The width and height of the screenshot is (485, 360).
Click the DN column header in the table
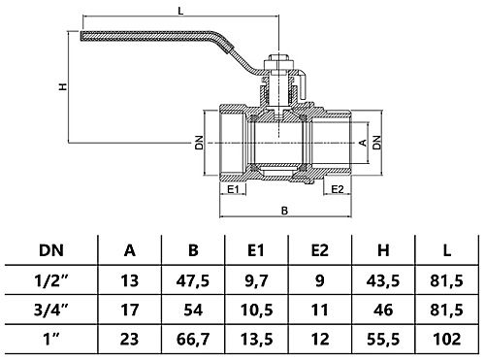[48, 249]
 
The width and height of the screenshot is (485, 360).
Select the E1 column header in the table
[256, 249]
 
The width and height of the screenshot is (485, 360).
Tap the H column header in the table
[385, 249]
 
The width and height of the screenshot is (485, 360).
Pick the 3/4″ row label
[48, 311]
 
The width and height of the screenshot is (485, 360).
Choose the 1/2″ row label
[48, 280]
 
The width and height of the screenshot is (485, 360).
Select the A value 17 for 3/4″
[130, 311]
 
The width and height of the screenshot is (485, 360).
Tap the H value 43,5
[385, 280]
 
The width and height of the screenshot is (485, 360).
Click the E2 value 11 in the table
[321, 311]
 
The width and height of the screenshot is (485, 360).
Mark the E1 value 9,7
[256, 280]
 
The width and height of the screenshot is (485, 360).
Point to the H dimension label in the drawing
[63, 86]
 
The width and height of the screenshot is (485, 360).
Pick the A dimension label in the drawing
[363, 142]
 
